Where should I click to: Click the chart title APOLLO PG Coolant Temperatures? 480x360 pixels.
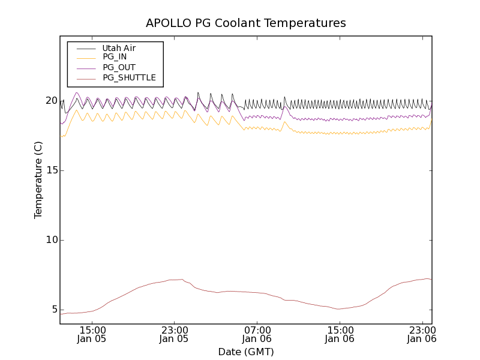(246, 23)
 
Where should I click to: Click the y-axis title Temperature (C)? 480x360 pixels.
(38, 180)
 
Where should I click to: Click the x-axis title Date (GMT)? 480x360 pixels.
(246, 352)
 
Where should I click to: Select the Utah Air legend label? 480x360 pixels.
(119, 48)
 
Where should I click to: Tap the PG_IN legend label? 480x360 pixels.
(115, 57)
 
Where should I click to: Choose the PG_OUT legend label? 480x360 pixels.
(119, 67)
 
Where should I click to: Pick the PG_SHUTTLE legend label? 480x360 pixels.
(129, 77)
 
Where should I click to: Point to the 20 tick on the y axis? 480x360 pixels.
(51, 101)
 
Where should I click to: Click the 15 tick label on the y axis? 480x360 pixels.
(51, 170)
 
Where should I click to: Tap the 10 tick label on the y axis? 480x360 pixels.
(51, 240)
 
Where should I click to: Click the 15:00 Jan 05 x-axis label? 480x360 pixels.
(92, 334)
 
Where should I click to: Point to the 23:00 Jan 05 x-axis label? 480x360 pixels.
(174, 334)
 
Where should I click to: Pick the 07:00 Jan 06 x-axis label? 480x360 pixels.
(257, 334)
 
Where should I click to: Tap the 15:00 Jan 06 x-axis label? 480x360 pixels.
(340, 334)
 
